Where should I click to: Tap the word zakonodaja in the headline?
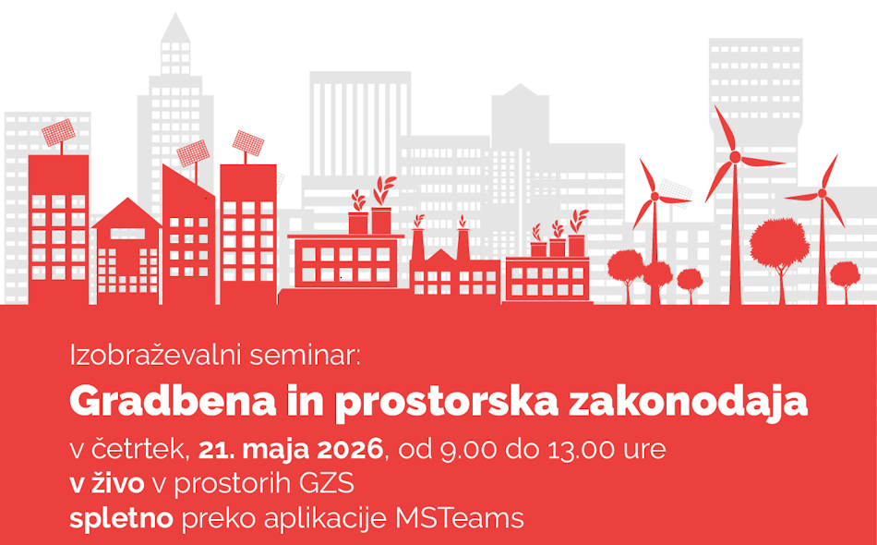pyautogui.click(x=688, y=403)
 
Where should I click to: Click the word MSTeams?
pyautogui.click(x=460, y=518)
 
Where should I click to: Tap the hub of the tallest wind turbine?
pyautogui.click(x=735, y=157)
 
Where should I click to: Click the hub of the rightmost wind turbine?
pyautogui.click(x=822, y=194)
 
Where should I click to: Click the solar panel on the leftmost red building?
pyautogui.click(x=58, y=133)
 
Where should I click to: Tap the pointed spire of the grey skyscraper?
pyautogui.click(x=175, y=26)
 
